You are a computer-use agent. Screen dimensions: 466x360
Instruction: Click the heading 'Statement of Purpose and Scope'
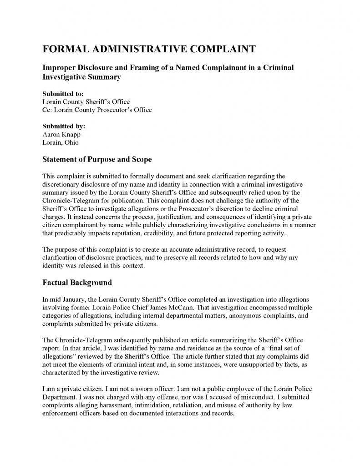click(97, 160)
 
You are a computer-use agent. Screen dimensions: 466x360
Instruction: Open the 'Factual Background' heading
click(77, 283)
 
